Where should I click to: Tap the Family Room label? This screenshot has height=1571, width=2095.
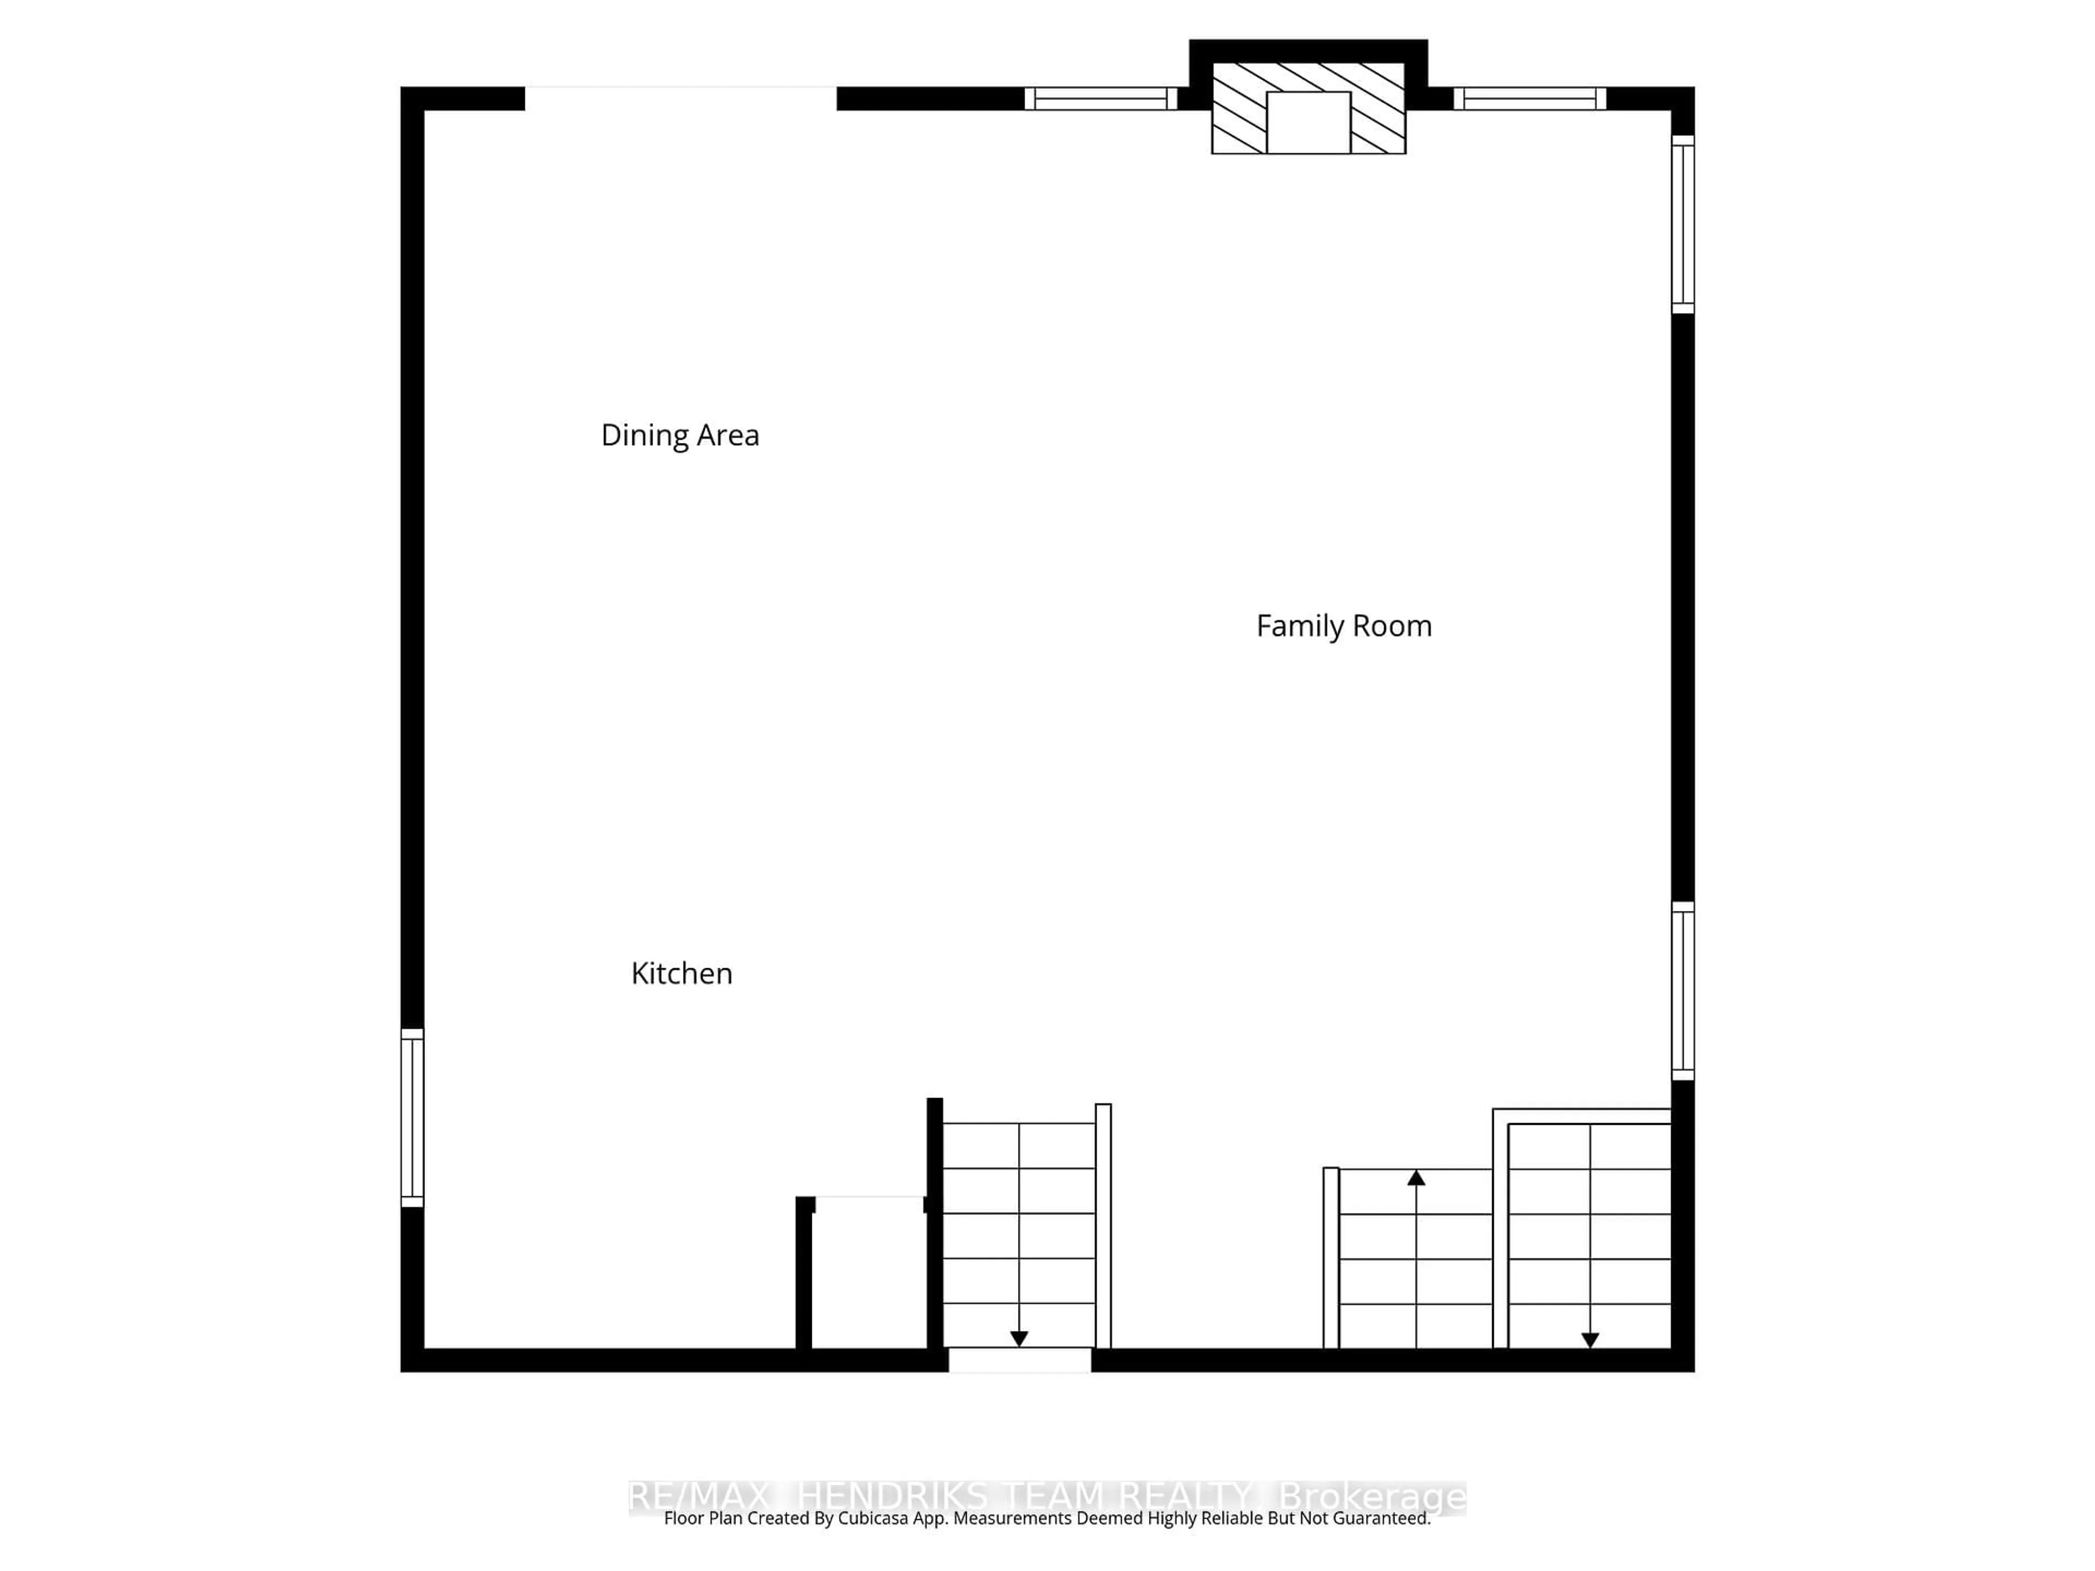pos(1343,626)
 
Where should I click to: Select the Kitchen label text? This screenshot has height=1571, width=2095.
pos(681,974)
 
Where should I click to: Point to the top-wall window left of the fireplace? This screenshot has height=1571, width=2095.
pos(1100,99)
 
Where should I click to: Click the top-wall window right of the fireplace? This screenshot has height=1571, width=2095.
pos(1530,99)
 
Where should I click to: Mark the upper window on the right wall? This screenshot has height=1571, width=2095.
pos(1682,224)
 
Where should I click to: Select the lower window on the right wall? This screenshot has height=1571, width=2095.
pos(1682,991)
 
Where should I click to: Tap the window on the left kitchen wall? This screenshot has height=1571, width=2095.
pos(412,1117)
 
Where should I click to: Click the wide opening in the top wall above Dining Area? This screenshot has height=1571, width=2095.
pos(680,99)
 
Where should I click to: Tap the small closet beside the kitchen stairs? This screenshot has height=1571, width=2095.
pos(869,1274)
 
